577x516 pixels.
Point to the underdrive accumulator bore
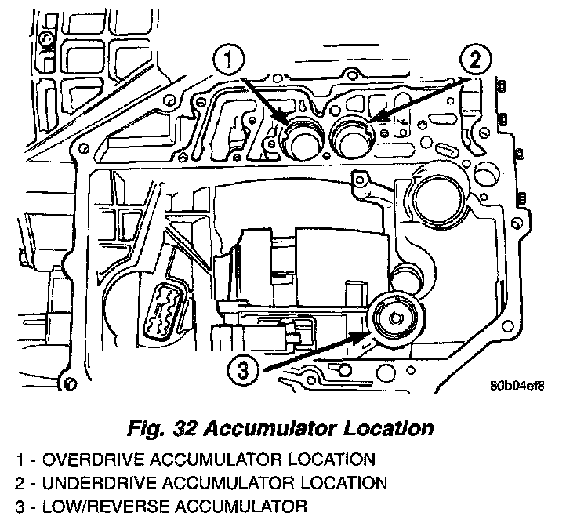[353, 140]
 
